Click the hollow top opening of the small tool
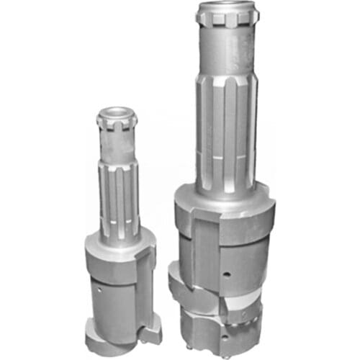117,113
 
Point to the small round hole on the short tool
99,292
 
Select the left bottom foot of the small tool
97,335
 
